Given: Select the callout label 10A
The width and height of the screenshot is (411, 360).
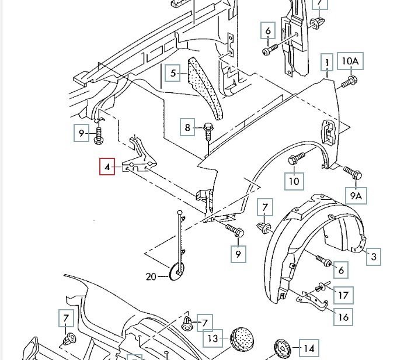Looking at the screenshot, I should pos(351,61).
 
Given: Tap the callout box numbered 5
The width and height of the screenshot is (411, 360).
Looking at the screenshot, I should pos(173,73).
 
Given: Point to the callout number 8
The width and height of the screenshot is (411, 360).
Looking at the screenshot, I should pos(188,127).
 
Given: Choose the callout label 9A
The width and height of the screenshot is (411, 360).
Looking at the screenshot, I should pos(356,196).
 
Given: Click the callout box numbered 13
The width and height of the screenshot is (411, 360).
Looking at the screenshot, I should pos(213,338).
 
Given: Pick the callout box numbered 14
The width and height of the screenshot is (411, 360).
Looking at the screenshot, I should pos(309,347).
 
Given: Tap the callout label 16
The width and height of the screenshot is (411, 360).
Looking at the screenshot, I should pos(343,317).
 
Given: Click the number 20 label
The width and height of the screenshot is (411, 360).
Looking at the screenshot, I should pos(151,276).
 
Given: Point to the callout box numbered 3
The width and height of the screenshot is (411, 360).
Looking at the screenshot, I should pos(374,255).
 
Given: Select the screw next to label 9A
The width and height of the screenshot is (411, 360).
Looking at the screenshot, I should pos(354,173).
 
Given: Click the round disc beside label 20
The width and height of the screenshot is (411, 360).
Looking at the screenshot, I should pos(177,272).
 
